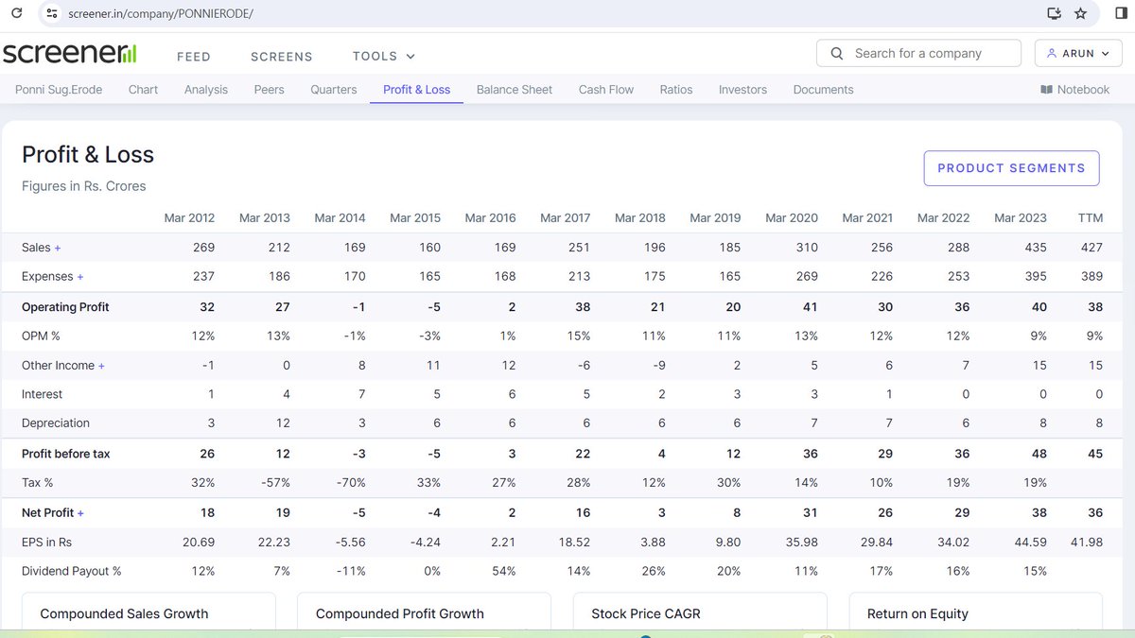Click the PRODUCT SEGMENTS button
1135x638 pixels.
point(1011,168)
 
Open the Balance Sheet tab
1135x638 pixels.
point(514,90)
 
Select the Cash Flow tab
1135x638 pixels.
point(605,90)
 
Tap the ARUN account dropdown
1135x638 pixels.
point(1077,54)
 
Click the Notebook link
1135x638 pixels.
point(1074,90)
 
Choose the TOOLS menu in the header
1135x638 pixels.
point(383,57)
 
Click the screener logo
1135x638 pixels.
point(69,54)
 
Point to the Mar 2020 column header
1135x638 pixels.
point(791,217)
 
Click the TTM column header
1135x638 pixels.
point(1090,217)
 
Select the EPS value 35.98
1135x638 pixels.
point(798,542)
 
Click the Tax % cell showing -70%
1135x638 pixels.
point(352,483)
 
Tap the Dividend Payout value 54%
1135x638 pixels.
point(503,571)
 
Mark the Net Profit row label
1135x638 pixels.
point(47,512)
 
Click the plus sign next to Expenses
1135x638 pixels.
point(80,277)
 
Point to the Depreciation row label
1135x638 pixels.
point(55,423)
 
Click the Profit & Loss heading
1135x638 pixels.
point(88,155)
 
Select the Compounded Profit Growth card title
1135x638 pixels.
point(399,613)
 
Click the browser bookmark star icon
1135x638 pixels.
point(1080,13)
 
